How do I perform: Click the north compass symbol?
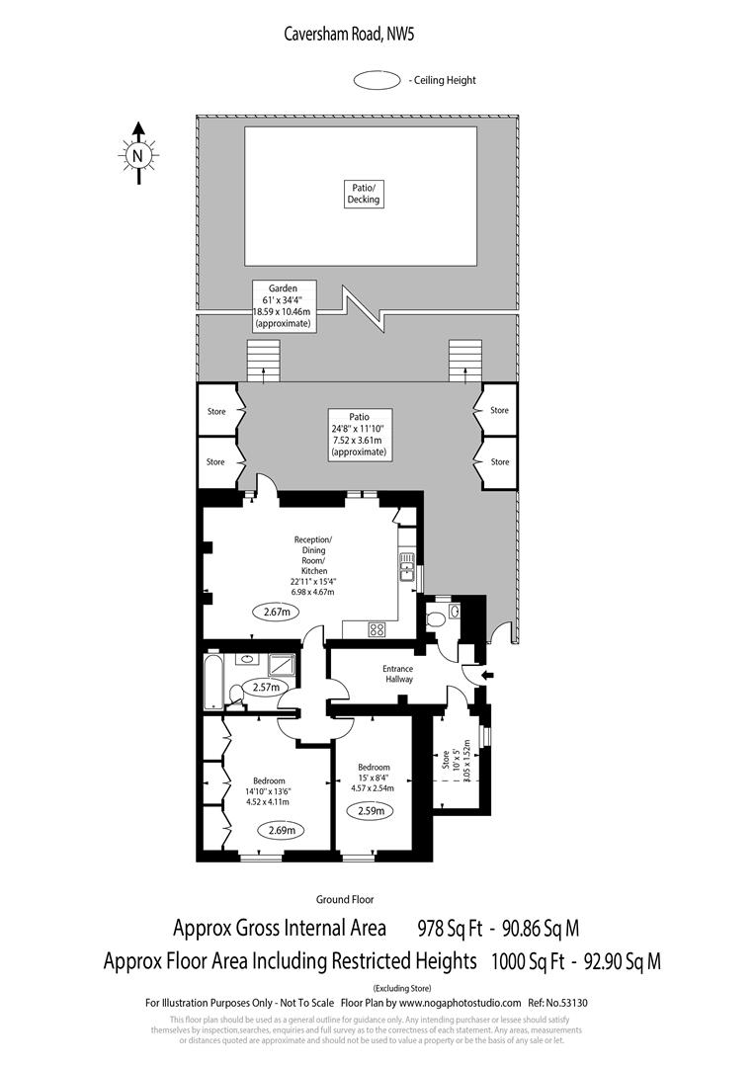[138, 153]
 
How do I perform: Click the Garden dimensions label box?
[283, 305]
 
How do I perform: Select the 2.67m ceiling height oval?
[277, 612]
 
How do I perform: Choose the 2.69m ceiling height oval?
[281, 830]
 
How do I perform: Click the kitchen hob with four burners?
[377, 628]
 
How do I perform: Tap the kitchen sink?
[406, 566]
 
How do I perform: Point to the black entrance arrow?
[483, 676]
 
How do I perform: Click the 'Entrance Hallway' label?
[398, 674]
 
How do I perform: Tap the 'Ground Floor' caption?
[344, 899]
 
